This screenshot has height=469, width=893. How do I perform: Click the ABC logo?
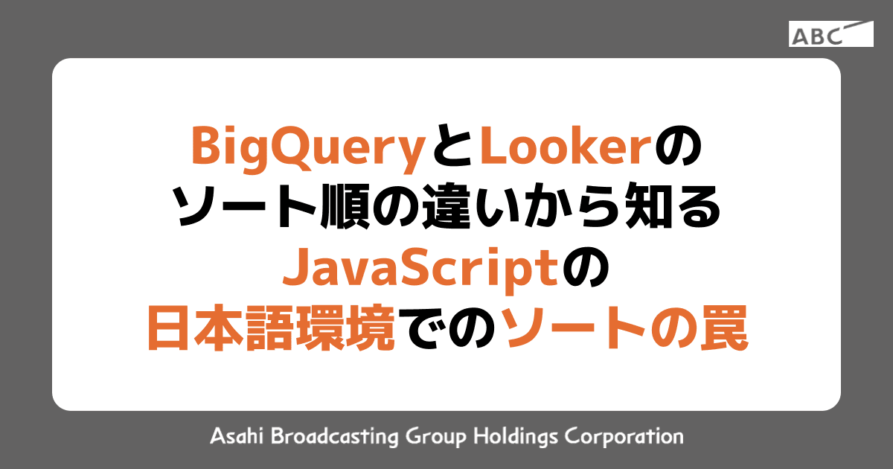[x=830, y=34]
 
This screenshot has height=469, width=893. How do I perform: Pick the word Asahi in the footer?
[x=234, y=435]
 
